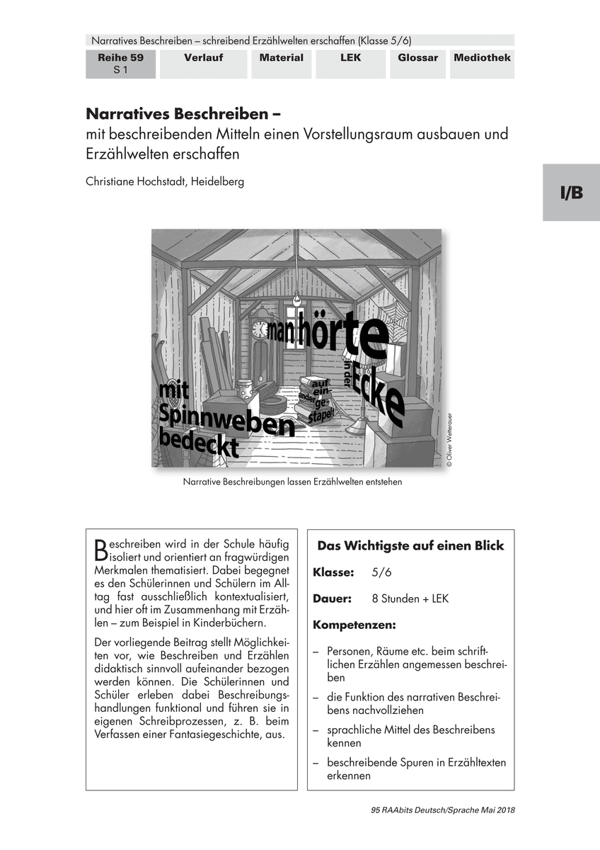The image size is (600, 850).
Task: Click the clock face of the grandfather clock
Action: [260, 329]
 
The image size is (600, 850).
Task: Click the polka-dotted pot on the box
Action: [245, 390]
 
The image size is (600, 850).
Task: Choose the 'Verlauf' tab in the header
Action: [204, 58]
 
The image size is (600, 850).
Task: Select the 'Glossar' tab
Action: [417, 58]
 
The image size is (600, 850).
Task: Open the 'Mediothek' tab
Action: [482, 58]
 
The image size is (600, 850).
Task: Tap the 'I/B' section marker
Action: [572, 193]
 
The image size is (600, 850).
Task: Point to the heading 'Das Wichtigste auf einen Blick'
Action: [410, 545]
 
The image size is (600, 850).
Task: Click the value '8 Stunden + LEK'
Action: [410, 599]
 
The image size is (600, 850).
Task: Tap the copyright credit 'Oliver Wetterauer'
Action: [448, 440]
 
